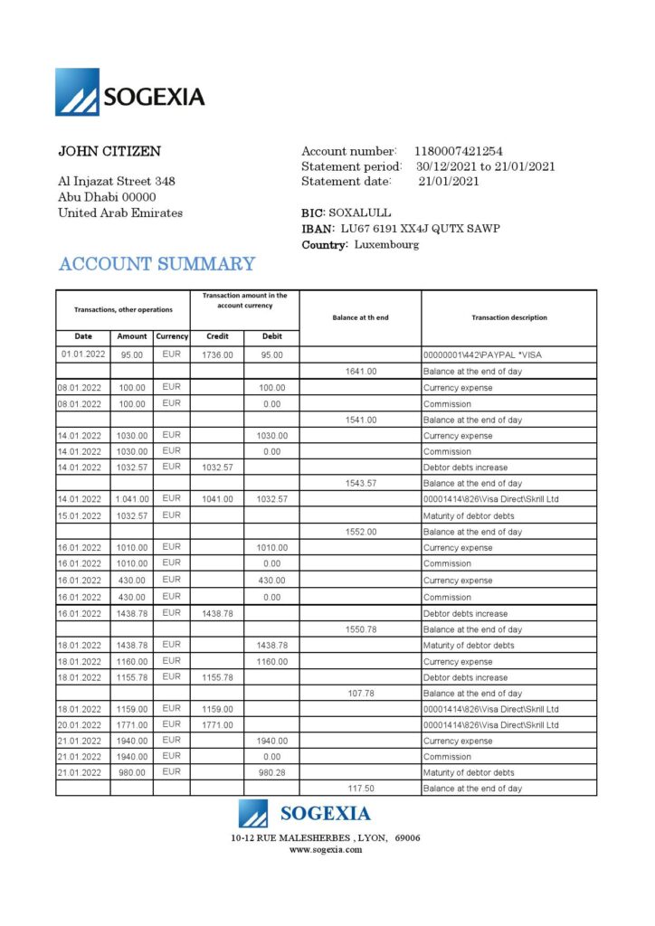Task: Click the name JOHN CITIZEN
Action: tap(109, 151)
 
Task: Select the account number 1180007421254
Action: tap(459, 151)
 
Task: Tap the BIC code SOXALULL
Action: tap(359, 213)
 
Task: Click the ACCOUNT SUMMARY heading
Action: tap(157, 264)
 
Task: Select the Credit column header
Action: tap(217, 336)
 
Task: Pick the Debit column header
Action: tap(271, 336)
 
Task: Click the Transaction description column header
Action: tap(508, 317)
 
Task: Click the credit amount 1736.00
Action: tap(217, 355)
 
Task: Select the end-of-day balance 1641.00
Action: tap(361, 372)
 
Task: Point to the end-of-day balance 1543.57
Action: tap(361, 484)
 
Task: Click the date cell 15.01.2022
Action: tap(82, 515)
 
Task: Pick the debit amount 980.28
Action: tap(271, 773)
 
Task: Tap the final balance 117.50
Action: tap(361, 789)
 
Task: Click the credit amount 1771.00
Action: tap(217, 725)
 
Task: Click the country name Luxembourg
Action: tap(386, 245)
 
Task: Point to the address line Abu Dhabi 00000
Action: tap(107, 197)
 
